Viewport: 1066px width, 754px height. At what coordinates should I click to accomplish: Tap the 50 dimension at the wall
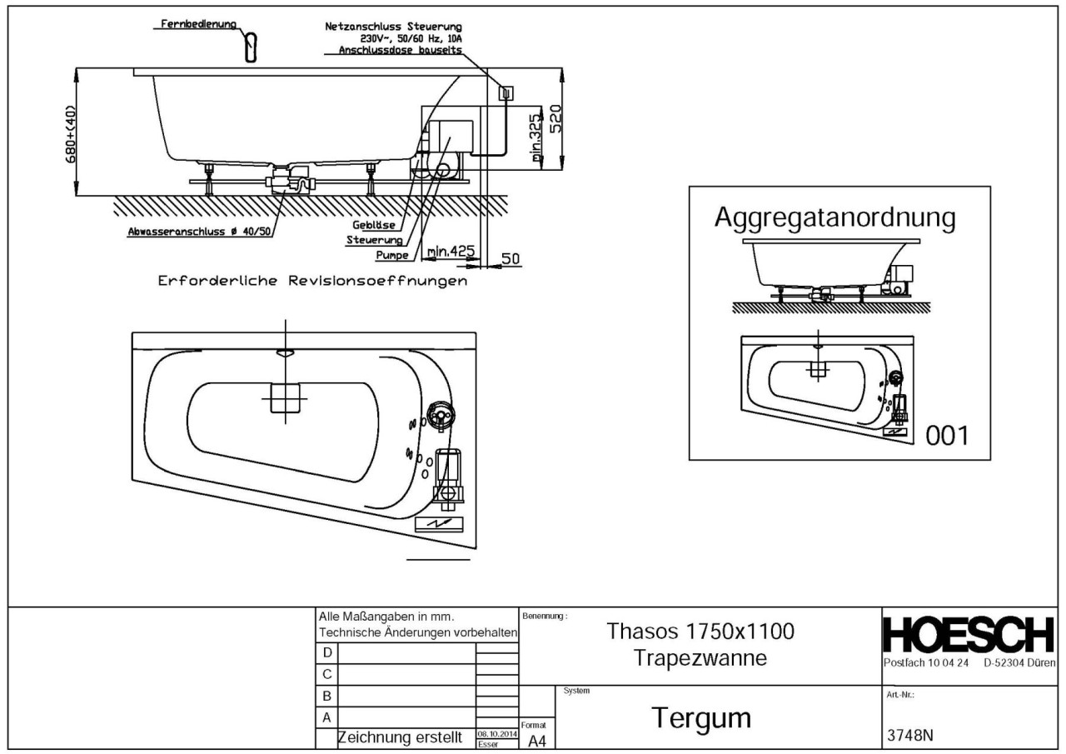point(511,259)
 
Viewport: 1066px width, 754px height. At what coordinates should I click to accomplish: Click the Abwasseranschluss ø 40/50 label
point(199,232)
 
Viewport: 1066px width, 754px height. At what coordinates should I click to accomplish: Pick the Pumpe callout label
point(391,255)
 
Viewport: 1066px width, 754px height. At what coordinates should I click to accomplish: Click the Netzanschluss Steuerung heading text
point(392,27)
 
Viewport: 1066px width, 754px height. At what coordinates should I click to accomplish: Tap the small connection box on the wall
point(504,93)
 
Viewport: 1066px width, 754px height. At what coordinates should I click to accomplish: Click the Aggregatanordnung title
point(834,218)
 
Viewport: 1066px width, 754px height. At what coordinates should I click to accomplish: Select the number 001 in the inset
point(948,436)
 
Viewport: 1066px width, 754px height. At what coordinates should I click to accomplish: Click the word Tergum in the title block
point(701,717)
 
